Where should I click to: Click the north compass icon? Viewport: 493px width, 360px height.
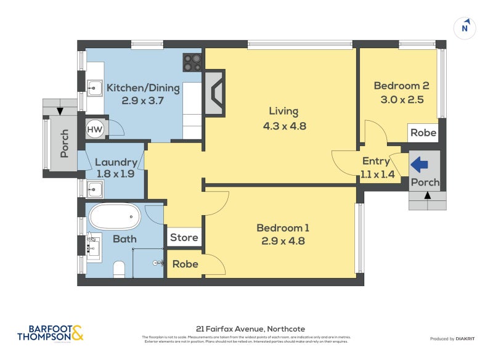466,28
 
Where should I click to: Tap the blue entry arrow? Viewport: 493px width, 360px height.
420,164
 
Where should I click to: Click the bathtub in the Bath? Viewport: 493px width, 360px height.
115,217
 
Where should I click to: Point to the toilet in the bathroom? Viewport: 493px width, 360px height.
120,268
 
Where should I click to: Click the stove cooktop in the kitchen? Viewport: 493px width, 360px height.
192,62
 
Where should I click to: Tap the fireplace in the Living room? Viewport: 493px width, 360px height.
215,92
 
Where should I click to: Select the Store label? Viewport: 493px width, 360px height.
184,237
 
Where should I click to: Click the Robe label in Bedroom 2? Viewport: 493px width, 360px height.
423,133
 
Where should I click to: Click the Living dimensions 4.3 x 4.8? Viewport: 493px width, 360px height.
283,126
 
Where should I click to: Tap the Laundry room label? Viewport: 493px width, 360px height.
116,162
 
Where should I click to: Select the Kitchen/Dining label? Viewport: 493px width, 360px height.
144,88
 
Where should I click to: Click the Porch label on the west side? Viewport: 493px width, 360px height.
64,143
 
